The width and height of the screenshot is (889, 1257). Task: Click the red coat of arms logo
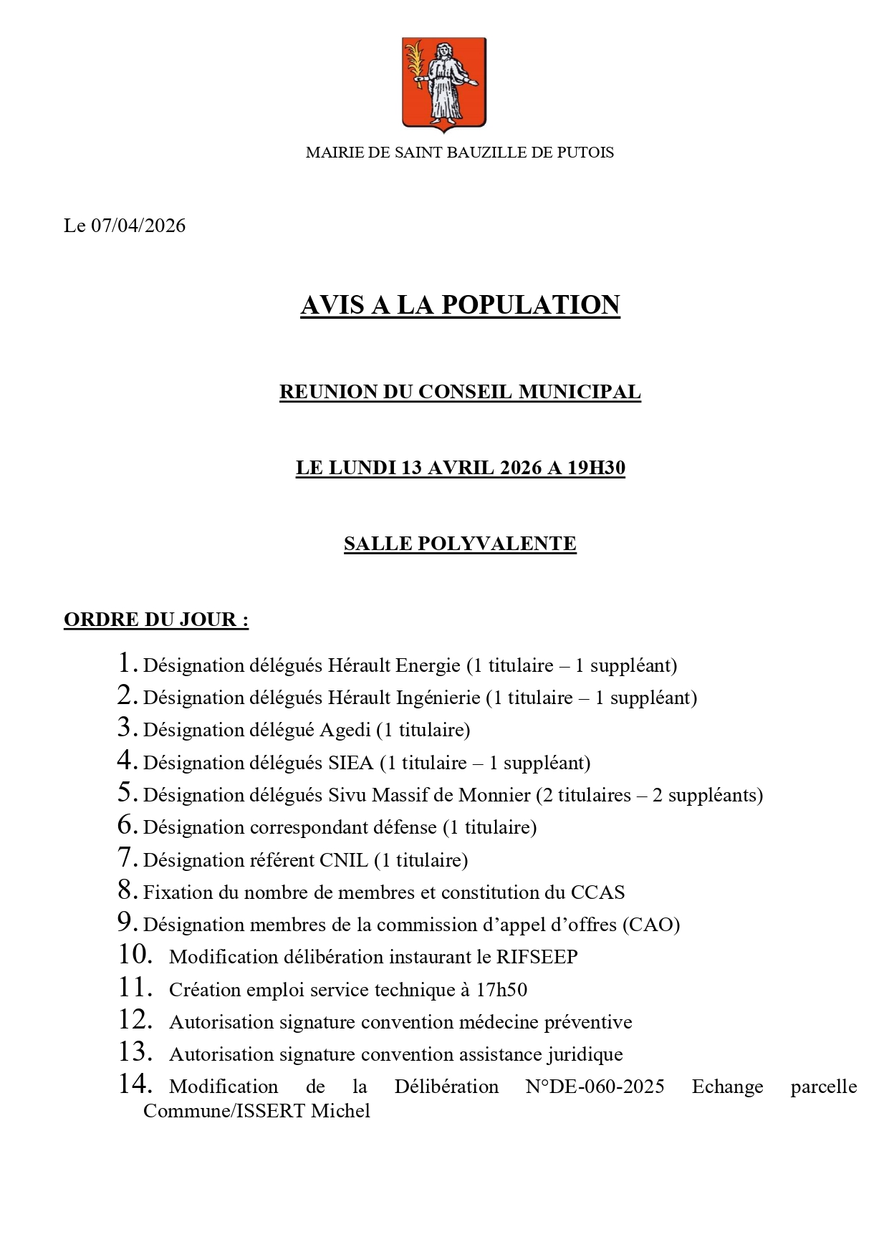[x=443, y=83]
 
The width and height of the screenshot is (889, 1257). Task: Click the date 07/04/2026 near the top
[x=138, y=226]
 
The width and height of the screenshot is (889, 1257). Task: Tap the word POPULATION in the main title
[x=530, y=305]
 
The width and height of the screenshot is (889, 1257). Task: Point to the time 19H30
[x=596, y=468]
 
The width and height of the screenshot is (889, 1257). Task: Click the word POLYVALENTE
[x=496, y=544]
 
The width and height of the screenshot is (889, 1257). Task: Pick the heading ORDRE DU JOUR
[x=155, y=620]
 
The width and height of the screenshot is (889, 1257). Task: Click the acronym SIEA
[x=351, y=764]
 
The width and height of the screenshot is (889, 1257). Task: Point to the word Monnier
[x=494, y=796]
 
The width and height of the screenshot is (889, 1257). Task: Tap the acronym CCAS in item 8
[x=597, y=892]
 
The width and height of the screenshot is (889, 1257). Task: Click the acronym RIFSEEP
[x=537, y=958]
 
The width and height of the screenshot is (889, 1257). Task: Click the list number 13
[x=135, y=1052]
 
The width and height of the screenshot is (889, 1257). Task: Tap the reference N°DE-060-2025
[x=595, y=1087]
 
